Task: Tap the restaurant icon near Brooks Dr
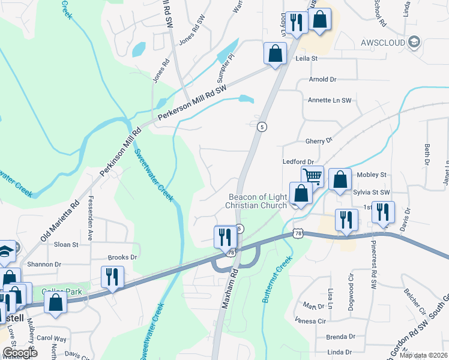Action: [112, 277]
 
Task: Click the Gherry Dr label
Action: [319, 140]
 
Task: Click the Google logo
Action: [20, 353]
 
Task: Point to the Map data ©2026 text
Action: [422, 355]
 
